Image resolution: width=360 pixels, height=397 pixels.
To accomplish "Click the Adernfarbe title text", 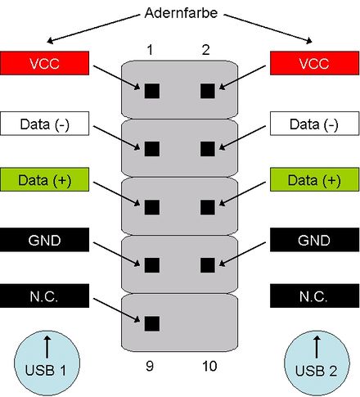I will pos(180,15).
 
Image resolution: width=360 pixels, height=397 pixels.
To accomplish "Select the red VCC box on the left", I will pos(43,63).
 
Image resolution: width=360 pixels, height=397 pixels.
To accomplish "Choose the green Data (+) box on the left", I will pos(43,180).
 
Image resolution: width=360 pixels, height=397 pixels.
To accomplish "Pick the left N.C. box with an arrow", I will pos(43,295).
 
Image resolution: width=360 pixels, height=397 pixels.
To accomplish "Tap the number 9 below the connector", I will pos(151,367).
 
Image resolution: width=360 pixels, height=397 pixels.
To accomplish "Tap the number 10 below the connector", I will pos(209,367).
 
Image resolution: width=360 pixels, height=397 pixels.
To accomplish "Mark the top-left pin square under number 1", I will pos(151,90).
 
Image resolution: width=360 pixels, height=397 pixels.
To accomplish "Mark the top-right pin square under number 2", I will pos(207,90).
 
